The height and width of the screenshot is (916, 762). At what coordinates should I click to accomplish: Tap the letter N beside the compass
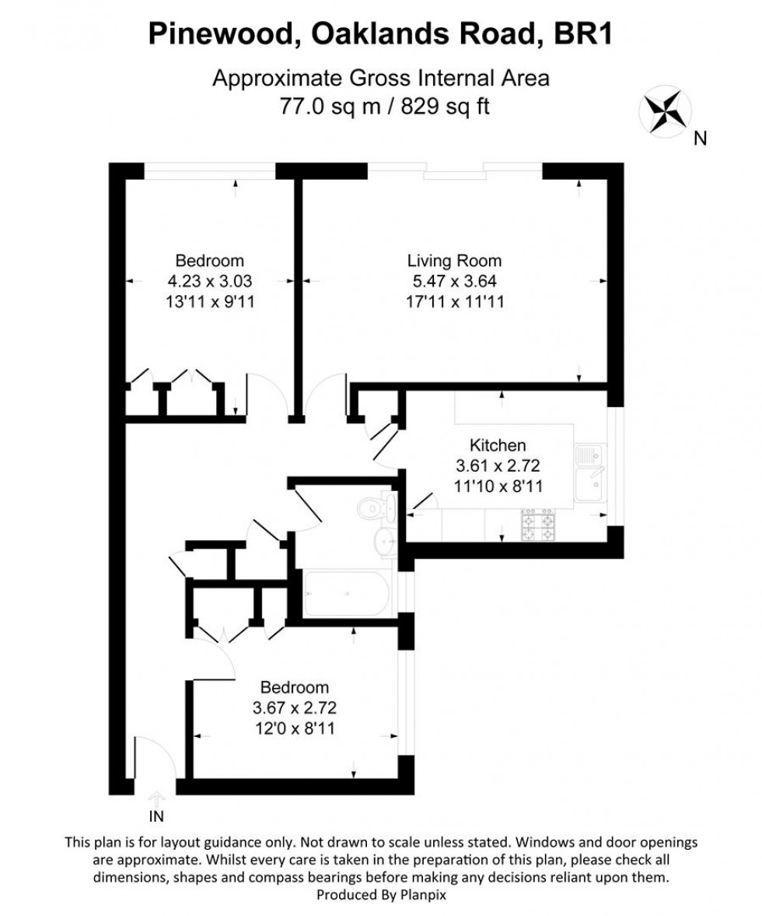pyautogui.click(x=700, y=140)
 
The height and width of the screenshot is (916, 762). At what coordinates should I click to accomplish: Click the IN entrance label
pyautogui.click(x=156, y=816)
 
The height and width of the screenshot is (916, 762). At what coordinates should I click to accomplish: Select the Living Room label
pyautogui.click(x=455, y=261)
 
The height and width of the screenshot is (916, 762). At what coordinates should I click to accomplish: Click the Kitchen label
pyautogui.click(x=498, y=445)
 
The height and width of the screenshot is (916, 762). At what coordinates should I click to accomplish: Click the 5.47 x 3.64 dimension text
pyautogui.click(x=455, y=281)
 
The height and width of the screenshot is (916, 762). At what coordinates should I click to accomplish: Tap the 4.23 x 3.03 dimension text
pyautogui.click(x=209, y=281)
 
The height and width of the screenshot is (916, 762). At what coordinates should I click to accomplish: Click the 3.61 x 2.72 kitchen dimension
pyautogui.click(x=498, y=465)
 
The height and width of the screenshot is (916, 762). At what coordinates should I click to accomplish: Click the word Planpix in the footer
pyautogui.click(x=424, y=895)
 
